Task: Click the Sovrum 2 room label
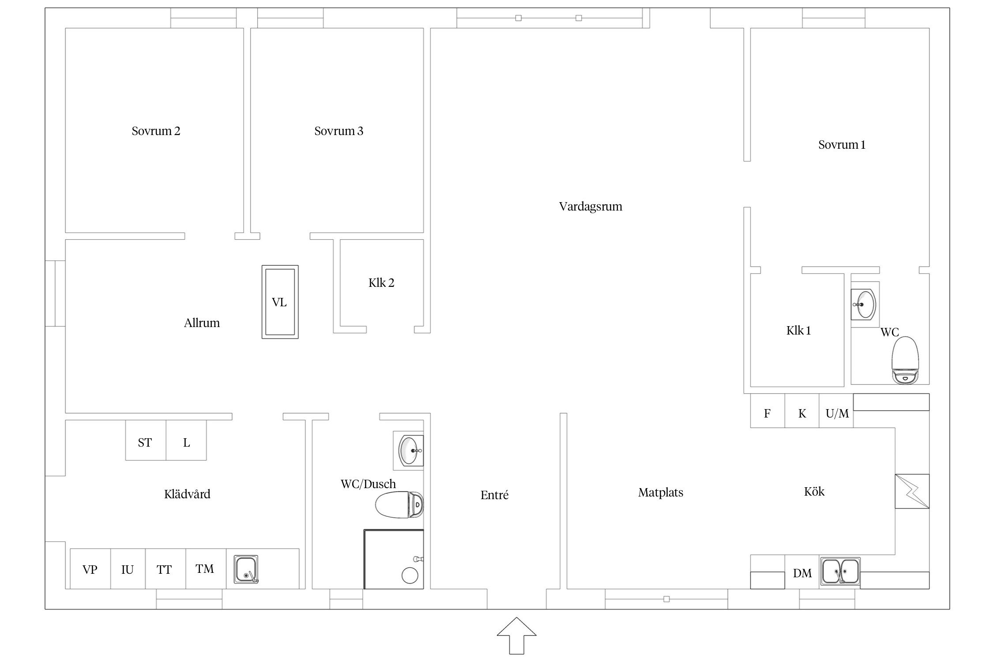coord(156,131)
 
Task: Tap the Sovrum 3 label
coord(339,131)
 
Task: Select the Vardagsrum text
coord(591,207)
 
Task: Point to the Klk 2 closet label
coord(381,283)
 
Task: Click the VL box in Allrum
coord(280,302)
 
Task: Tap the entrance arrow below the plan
coord(516,636)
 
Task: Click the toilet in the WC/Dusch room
coord(399,504)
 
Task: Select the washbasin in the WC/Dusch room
coord(409,451)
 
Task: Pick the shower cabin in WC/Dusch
coord(394,559)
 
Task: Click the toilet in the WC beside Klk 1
coord(905,360)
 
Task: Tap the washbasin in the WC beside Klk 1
coord(865,305)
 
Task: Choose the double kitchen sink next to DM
coord(840,572)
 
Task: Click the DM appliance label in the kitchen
coord(802,573)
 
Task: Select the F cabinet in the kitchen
coord(767,411)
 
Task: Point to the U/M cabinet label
coord(837,414)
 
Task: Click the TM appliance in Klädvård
coord(206,569)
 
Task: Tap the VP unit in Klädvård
coord(90,569)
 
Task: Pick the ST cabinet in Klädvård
coord(146,440)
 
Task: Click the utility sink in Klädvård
coord(246,569)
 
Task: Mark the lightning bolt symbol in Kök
coord(912,491)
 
